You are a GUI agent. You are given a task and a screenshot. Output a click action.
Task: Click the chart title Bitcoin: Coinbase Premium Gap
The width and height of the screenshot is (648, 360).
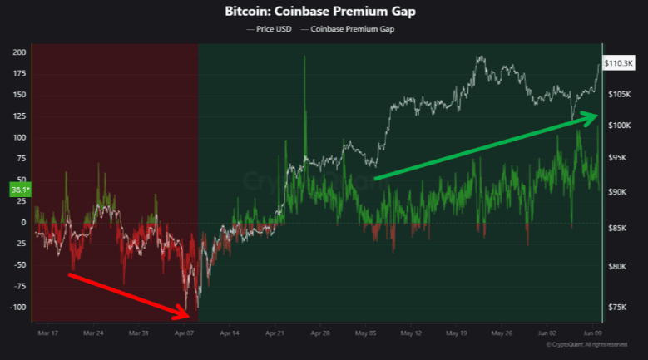point(324,13)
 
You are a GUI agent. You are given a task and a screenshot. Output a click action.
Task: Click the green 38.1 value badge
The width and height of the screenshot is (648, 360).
point(18,190)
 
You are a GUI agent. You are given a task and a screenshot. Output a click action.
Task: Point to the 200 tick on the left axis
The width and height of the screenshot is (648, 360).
point(18,52)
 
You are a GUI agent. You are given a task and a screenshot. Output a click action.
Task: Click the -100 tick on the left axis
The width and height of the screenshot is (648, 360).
point(17,308)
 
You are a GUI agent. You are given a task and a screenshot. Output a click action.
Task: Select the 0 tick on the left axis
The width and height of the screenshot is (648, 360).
point(23,223)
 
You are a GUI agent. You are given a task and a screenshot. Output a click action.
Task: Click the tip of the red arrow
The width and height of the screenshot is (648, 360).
point(192,314)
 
